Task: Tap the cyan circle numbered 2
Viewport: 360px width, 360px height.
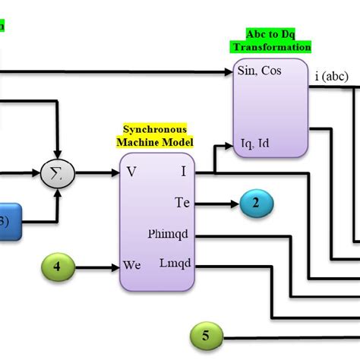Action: point(256,202)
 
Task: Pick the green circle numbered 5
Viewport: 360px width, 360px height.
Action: point(208,335)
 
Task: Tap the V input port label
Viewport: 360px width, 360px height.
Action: point(131,172)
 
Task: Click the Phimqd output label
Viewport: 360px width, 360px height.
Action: point(171,235)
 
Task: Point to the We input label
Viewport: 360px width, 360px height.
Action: point(133,267)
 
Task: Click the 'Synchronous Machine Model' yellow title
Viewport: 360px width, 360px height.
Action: point(154,136)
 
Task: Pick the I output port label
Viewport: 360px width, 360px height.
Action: point(183,172)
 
